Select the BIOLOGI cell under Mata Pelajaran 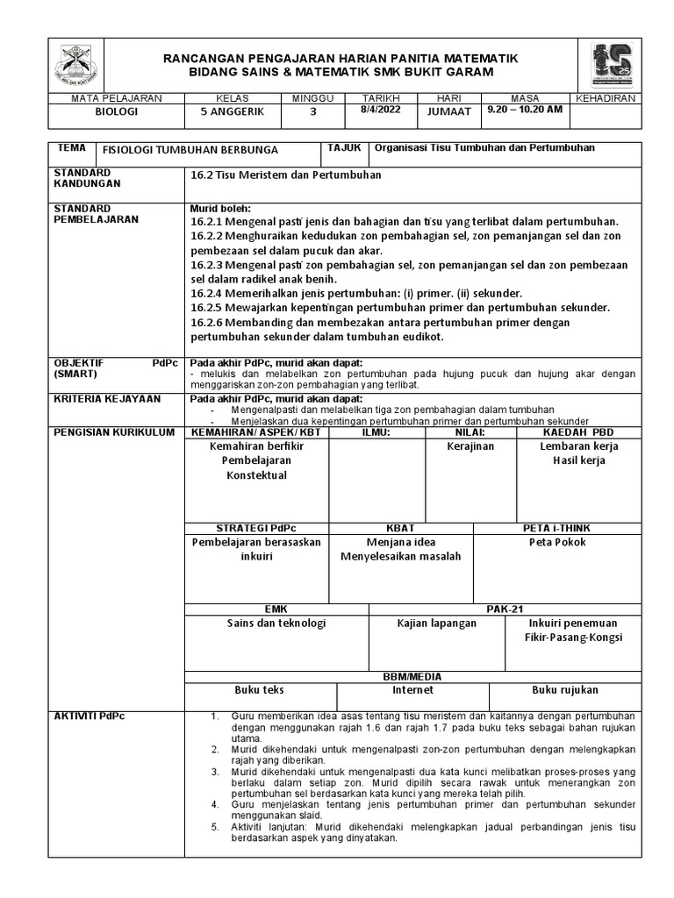[x=116, y=112]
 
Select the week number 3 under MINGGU [x=312, y=112]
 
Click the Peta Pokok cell [x=557, y=542]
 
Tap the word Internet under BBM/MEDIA [x=412, y=690]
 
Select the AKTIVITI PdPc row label [x=90, y=716]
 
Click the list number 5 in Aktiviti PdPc [x=215, y=827]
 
